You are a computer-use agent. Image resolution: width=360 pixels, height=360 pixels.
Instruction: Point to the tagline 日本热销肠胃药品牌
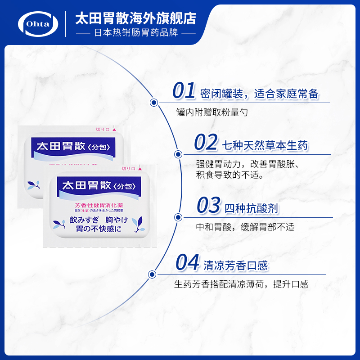(x=135, y=33)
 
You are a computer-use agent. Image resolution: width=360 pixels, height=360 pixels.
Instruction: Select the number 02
(x=206, y=143)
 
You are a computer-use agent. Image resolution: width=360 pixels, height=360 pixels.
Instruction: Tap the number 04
(x=187, y=263)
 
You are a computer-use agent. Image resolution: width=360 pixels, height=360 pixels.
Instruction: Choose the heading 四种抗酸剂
(x=252, y=208)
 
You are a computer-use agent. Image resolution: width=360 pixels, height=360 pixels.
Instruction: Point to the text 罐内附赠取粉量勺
(x=211, y=112)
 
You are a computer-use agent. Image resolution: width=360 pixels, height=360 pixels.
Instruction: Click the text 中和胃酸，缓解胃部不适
(x=245, y=227)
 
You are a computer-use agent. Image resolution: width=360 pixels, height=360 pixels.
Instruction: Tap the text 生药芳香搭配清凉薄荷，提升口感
(x=242, y=284)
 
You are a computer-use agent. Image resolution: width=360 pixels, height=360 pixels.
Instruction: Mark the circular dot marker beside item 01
(x=153, y=103)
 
